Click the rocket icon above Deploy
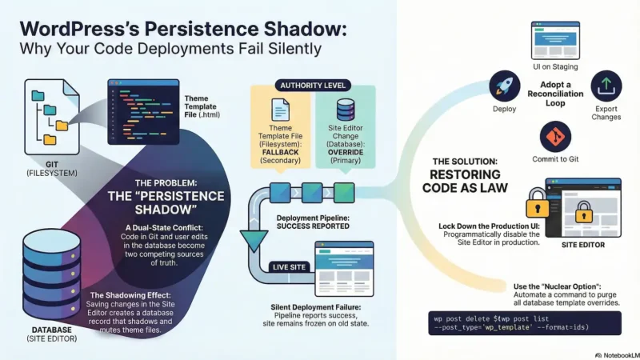coord(504,84)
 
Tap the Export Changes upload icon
coord(606,84)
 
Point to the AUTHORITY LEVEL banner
coord(310,84)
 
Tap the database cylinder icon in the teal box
coord(346,110)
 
